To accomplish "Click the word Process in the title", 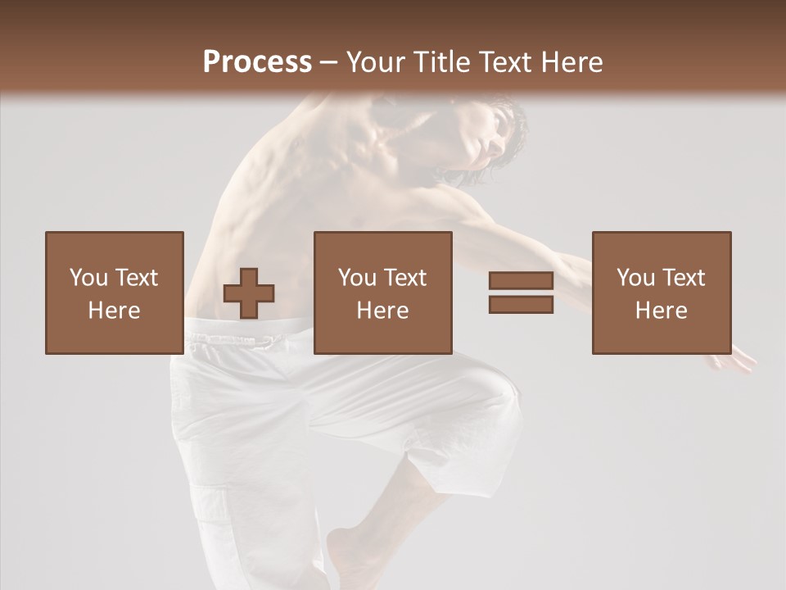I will click(x=257, y=62).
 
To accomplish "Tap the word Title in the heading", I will click(x=444, y=62).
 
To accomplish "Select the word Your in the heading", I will click(x=377, y=62).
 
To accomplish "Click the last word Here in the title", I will click(x=573, y=62).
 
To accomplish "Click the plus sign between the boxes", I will click(x=249, y=293).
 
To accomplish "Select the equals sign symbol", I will click(x=521, y=293).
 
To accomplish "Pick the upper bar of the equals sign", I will click(x=521, y=281).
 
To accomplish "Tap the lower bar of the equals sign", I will click(x=521, y=304).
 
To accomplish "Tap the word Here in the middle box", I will click(x=382, y=311).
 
